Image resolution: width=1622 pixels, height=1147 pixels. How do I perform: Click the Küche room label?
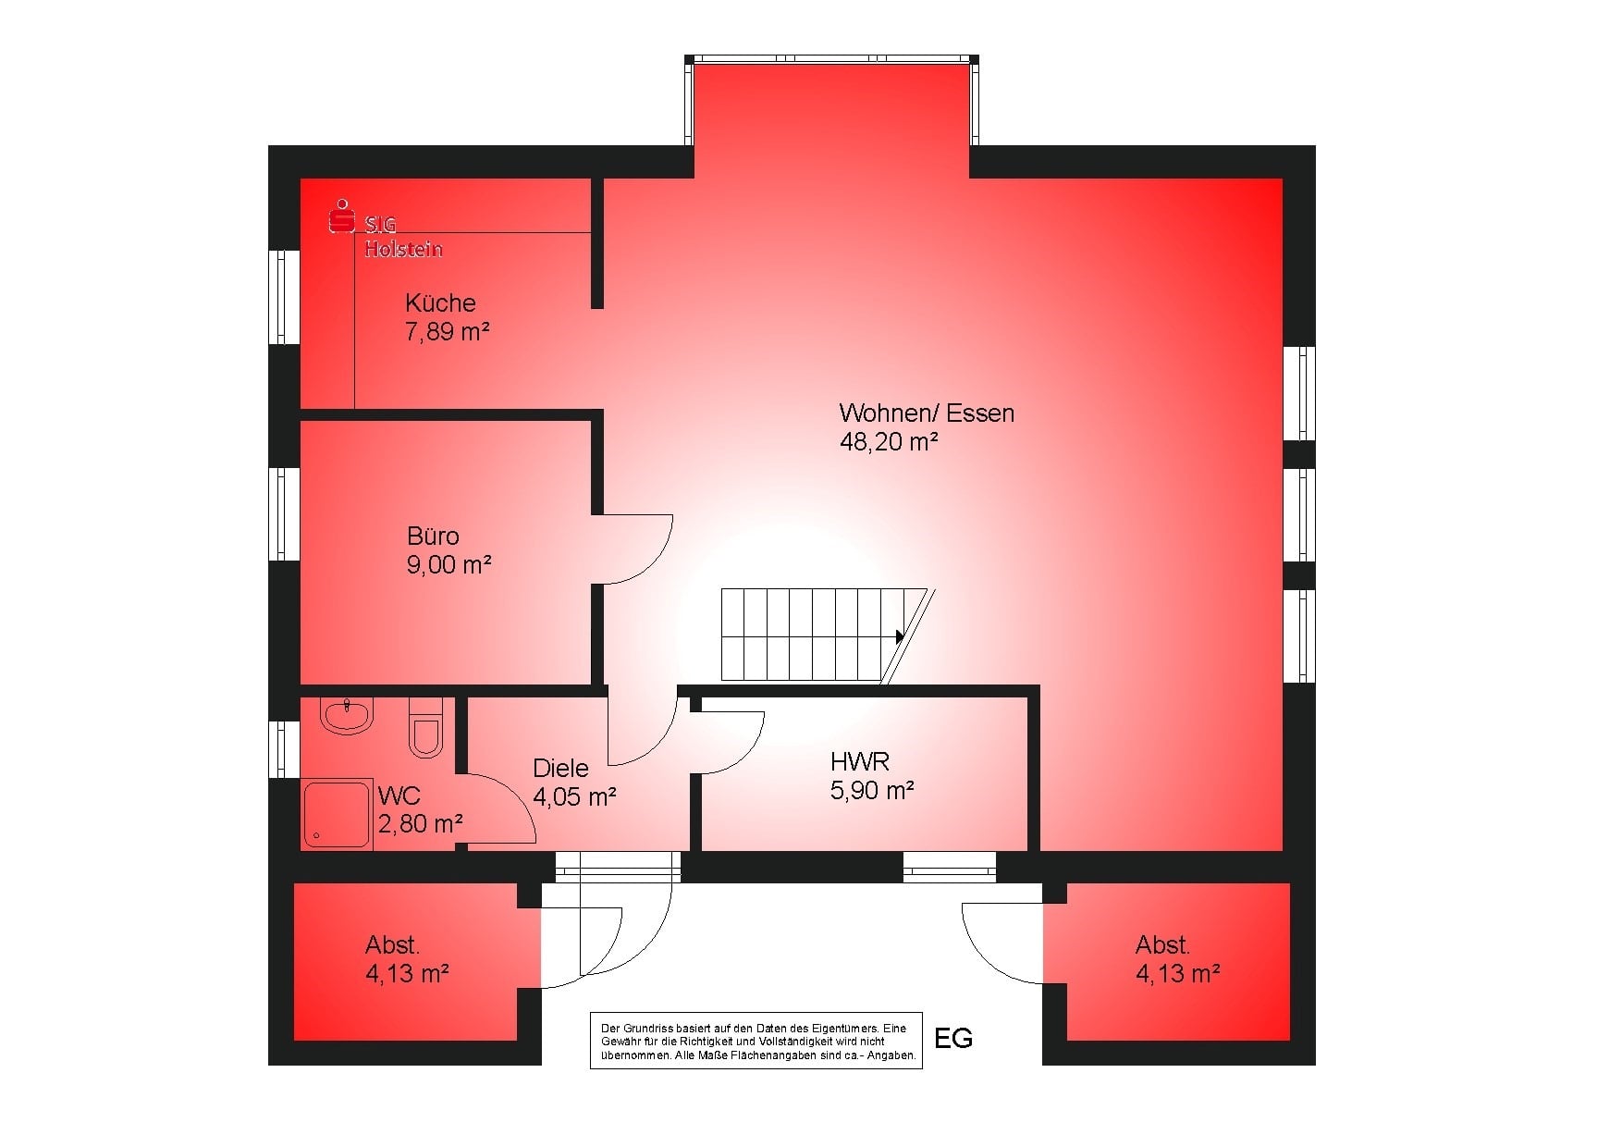pos(440,302)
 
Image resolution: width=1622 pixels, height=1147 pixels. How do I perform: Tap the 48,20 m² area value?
pos(889,442)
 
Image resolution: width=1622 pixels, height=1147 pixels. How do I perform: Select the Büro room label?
pos(433,536)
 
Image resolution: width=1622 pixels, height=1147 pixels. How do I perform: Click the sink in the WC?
pos(346,714)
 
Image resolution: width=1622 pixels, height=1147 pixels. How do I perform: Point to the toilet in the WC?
pos(426,727)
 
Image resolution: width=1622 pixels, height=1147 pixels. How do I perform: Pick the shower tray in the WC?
pos(338,814)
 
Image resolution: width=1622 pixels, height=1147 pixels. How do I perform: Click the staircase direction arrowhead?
pos(900,636)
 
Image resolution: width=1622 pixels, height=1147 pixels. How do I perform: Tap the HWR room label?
pos(860,762)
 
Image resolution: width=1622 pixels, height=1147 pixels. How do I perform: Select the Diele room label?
pos(560,768)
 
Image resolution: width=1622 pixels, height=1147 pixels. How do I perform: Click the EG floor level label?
pos(953,1038)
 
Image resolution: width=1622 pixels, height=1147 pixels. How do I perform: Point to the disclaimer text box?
pos(756,1041)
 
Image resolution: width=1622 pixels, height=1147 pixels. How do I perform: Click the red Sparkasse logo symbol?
pos(343,216)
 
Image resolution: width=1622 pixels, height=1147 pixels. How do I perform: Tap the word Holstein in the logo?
pos(403,250)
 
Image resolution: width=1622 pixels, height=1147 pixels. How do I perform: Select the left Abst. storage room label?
pos(392,945)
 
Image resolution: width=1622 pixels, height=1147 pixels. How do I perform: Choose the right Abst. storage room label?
pos(1162,945)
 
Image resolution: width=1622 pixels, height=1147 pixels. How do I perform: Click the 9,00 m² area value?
pos(449,565)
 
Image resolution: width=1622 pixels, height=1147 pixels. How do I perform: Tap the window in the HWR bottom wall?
pos(949,867)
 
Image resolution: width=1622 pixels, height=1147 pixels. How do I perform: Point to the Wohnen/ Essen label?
pos(927,413)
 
